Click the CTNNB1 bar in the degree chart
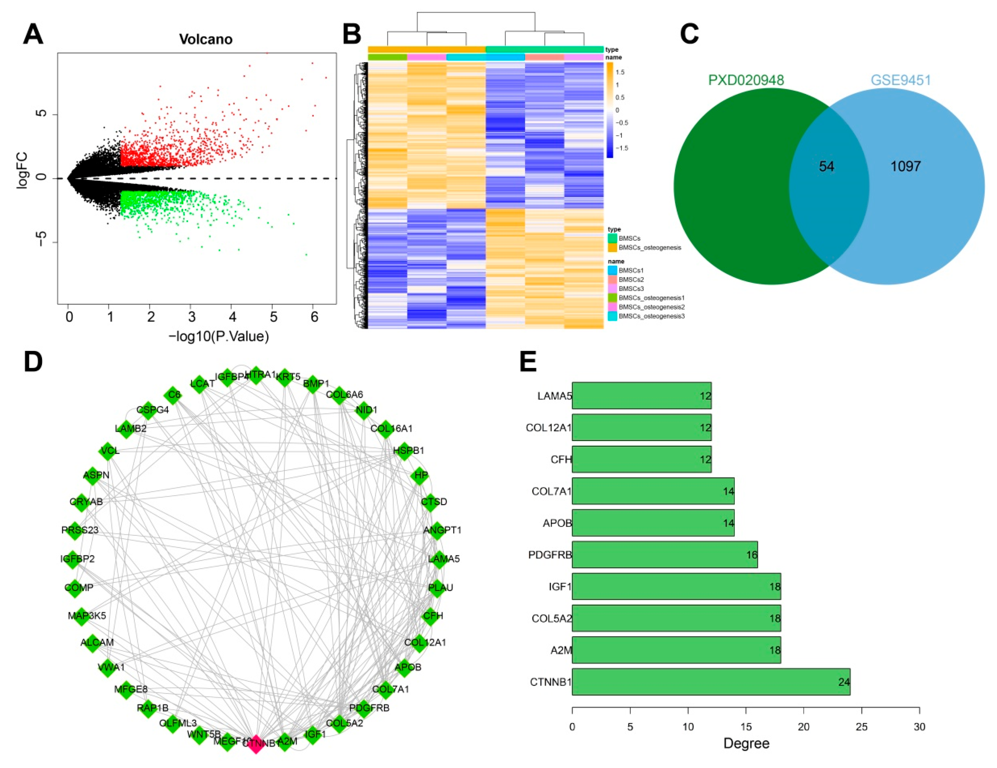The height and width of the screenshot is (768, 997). [710, 682]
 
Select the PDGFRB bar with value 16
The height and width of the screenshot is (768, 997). [664, 555]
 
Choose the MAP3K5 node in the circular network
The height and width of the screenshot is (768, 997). [82, 616]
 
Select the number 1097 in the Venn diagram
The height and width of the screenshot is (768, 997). [906, 166]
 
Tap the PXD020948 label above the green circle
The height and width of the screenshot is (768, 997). [746, 80]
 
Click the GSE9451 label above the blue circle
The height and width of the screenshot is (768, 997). [901, 80]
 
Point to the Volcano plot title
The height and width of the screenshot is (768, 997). [205, 39]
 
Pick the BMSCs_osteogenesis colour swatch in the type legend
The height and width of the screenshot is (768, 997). [612, 248]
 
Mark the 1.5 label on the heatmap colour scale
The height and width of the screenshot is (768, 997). [620, 72]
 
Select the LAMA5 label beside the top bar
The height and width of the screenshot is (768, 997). [554, 396]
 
